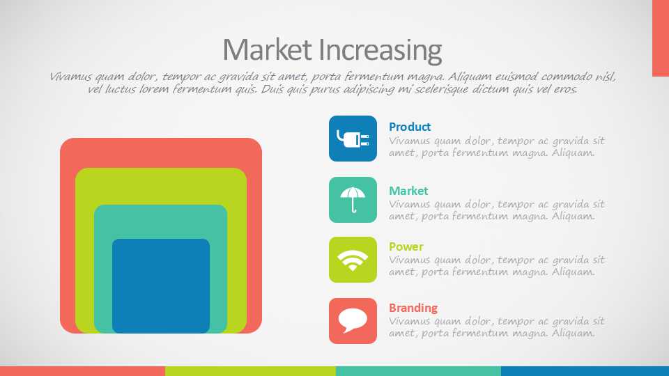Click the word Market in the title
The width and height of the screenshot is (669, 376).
point(267,50)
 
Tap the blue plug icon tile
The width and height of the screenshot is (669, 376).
point(353,139)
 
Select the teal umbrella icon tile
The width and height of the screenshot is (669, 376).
point(353,200)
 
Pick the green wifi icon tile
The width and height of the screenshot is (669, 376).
point(353,260)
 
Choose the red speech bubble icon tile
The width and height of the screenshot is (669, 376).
point(353,321)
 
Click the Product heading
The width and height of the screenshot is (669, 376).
point(410,127)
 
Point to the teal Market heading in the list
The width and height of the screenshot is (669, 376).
point(408,191)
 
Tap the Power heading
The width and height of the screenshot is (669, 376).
point(406,246)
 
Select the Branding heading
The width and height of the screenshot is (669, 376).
point(413,308)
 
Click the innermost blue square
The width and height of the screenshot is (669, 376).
point(161,286)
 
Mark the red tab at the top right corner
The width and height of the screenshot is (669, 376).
point(661,38)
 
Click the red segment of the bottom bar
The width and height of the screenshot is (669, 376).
point(82,371)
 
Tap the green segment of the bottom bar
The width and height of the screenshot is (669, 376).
point(250,371)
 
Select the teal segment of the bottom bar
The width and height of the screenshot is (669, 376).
point(419,371)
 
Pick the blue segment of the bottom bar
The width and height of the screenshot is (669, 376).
point(585,371)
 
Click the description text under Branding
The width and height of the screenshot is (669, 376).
point(497,327)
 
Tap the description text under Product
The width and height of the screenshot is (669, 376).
point(497,147)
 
